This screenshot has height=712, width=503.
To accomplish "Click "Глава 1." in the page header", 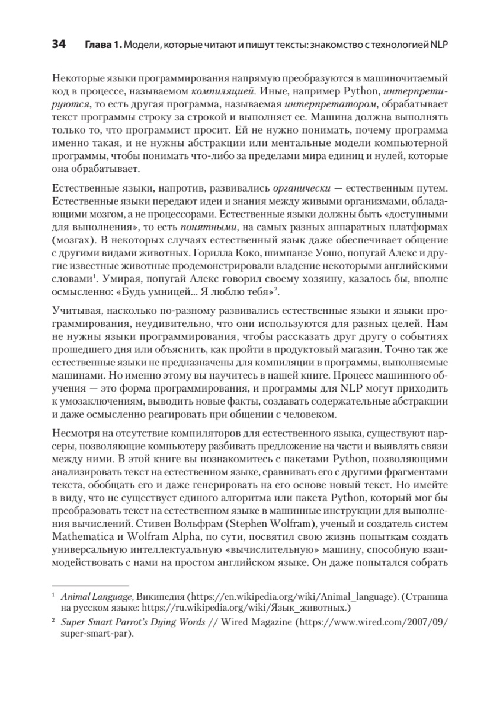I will coord(102,46).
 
